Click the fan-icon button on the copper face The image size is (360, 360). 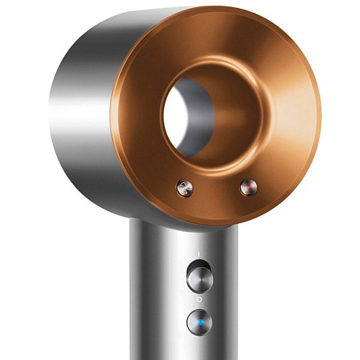click(186, 188)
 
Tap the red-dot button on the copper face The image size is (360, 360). click(246, 187)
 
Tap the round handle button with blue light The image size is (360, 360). click(197, 322)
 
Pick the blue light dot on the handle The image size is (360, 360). click(197, 322)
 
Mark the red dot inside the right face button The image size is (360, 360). click(246, 187)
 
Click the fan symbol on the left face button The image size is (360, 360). click(186, 188)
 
